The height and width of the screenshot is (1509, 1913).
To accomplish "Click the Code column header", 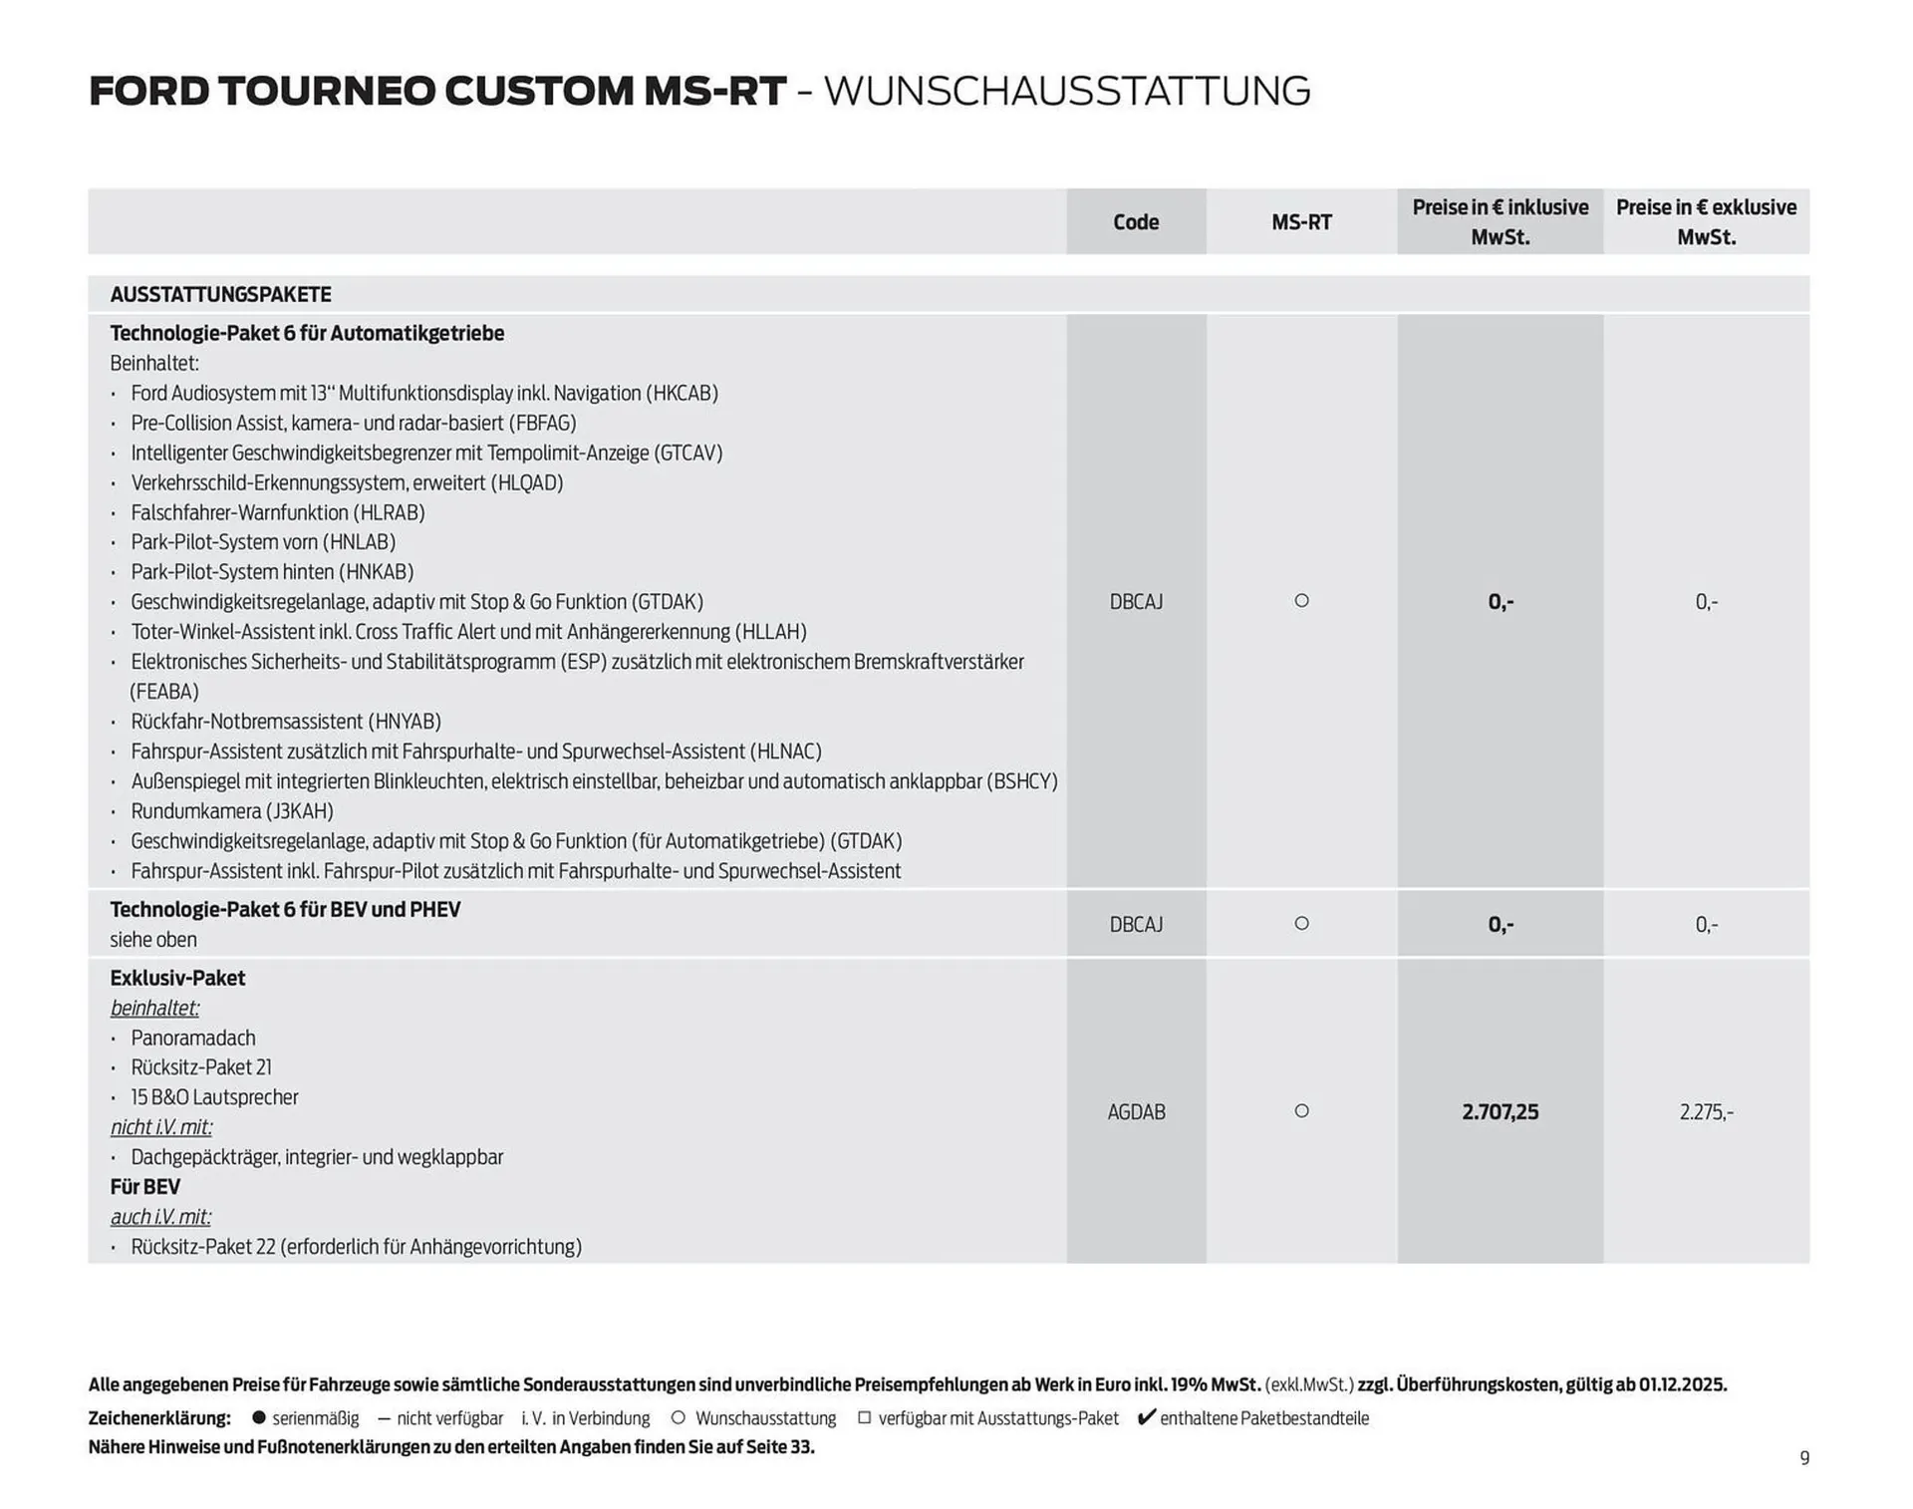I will (1136, 222).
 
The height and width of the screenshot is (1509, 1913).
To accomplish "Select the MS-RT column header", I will (1301, 222).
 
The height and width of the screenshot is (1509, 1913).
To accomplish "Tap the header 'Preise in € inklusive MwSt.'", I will (1500, 222).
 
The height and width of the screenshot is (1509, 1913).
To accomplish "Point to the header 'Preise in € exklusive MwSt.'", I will (1706, 222).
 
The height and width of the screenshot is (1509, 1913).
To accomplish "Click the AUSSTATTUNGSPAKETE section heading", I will (220, 295).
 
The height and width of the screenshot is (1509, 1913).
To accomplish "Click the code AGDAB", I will (1136, 1112).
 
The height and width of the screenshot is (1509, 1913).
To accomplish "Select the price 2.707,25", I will (1500, 1112).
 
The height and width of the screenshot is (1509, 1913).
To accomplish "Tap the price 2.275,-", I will (1706, 1112).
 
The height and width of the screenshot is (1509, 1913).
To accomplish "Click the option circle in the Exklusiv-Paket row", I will (1301, 1111).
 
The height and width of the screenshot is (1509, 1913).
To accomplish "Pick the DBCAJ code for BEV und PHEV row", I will (1136, 925).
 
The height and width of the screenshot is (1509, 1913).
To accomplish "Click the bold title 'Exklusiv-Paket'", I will (177, 979).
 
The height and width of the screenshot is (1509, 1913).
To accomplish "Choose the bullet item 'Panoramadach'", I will (193, 1039).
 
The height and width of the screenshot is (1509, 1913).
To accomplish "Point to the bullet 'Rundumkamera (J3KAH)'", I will (232, 811).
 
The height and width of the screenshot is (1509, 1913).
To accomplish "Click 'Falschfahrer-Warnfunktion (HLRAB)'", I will (278, 512).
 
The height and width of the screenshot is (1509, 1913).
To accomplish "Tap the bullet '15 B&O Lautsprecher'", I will (214, 1097).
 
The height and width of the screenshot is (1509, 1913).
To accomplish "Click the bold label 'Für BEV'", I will (145, 1187).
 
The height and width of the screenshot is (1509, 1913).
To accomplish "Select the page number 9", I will (1804, 1458).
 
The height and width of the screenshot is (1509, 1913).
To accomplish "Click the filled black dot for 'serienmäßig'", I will (259, 1417).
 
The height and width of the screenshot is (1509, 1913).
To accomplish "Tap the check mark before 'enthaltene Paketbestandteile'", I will (1146, 1417).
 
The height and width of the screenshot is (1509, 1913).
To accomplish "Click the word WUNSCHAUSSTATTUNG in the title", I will (1067, 92).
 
